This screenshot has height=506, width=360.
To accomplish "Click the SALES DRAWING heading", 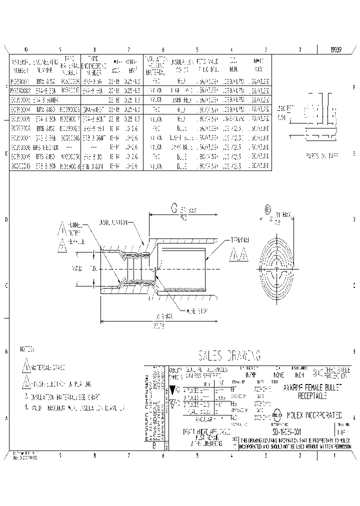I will point(229,355).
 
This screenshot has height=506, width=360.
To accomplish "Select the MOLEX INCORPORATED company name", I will point(313,415).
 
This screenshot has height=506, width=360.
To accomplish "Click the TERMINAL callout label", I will point(239,239).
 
